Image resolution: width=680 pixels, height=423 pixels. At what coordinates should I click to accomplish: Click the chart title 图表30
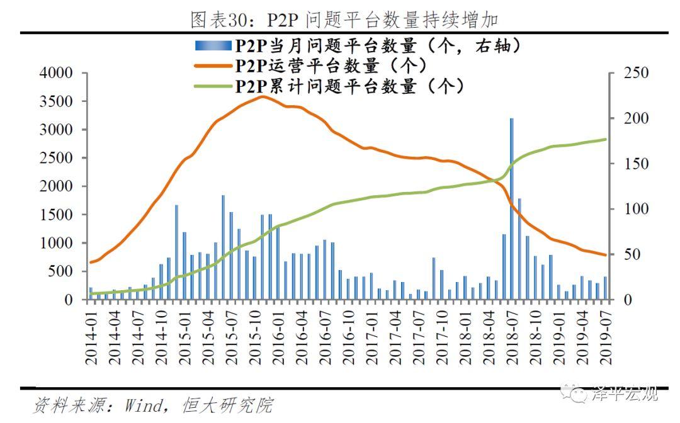[x=345, y=19]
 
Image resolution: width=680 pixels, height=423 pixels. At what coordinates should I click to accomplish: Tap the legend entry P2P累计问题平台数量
[x=350, y=86]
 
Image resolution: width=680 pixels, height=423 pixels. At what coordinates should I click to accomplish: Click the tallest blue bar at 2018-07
[x=511, y=208]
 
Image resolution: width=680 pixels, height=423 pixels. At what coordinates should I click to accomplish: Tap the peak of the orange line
[x=262, y=96]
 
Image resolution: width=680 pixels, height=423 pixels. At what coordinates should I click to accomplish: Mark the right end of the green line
[x=606, y=140]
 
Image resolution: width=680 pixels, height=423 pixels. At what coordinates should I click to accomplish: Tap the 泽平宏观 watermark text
[x=625, y=393]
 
